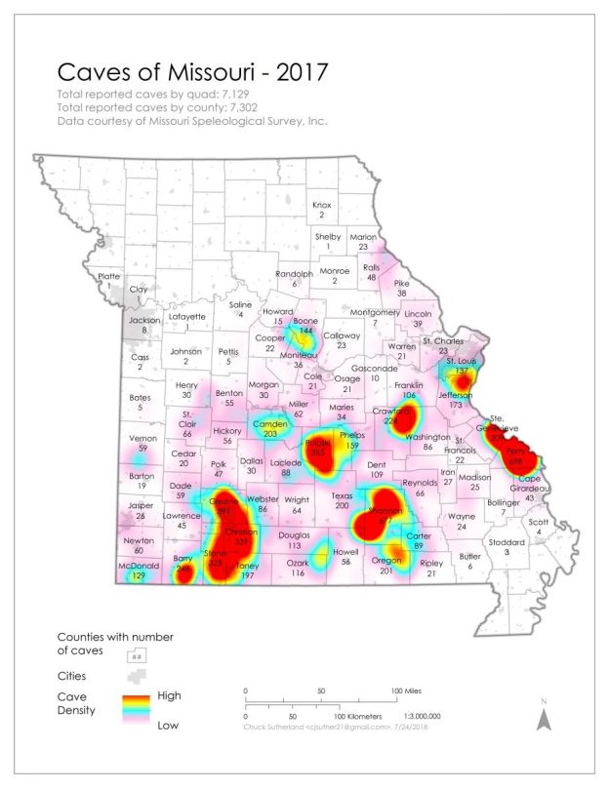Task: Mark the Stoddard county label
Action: coord(507,546)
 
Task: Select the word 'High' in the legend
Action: coord(169,696)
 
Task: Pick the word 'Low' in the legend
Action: coord(168,725)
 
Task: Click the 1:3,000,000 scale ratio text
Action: coord(414,715)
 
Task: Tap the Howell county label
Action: coord(346,556)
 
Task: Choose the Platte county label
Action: coord(110,277)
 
